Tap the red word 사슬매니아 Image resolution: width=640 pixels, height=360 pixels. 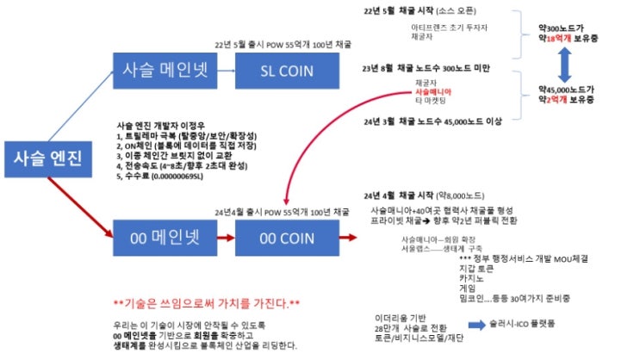433,90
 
